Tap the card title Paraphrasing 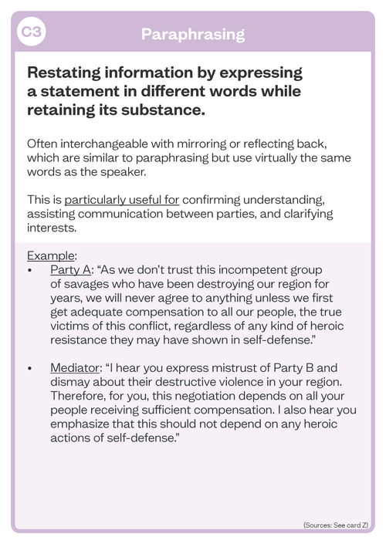click(x=193, y=33)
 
